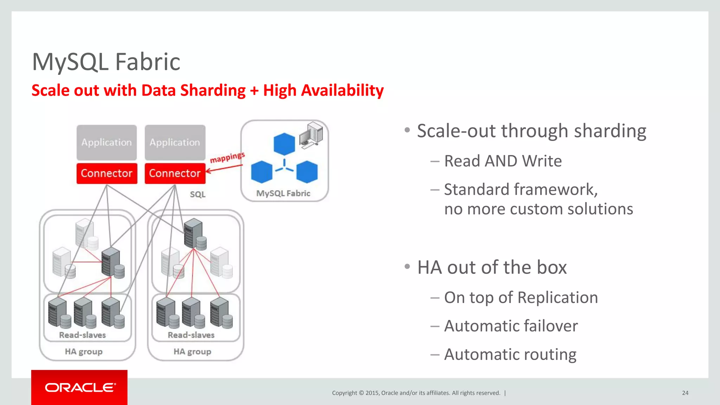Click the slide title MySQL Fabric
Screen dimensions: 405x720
tap(106, 62)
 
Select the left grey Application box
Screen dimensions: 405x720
tap(107, 142)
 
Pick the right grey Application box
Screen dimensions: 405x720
tap(175, 142)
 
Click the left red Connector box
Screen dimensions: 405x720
tap(107, 173)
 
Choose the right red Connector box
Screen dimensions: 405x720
tap(175, 173)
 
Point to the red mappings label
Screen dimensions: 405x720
tap(227, 157)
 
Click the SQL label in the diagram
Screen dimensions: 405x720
tap(198, 194)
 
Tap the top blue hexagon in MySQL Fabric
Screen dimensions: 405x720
tap(284, 144)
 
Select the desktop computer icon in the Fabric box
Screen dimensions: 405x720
tap(311, 135)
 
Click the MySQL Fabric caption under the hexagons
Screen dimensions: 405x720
tap(283, 193)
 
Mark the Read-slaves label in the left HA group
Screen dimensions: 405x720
tap(82, 335)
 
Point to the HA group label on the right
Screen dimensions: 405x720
tap(192, 352)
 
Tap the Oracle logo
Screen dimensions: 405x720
tap(80, 387)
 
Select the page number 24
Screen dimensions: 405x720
tap(685, 393)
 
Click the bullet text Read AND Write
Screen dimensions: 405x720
tap(503, 161)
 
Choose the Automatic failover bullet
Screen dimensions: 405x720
tap(511, 326)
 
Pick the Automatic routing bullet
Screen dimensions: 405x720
tap(510, 354)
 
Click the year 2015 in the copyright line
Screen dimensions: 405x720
tap(372, 393)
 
